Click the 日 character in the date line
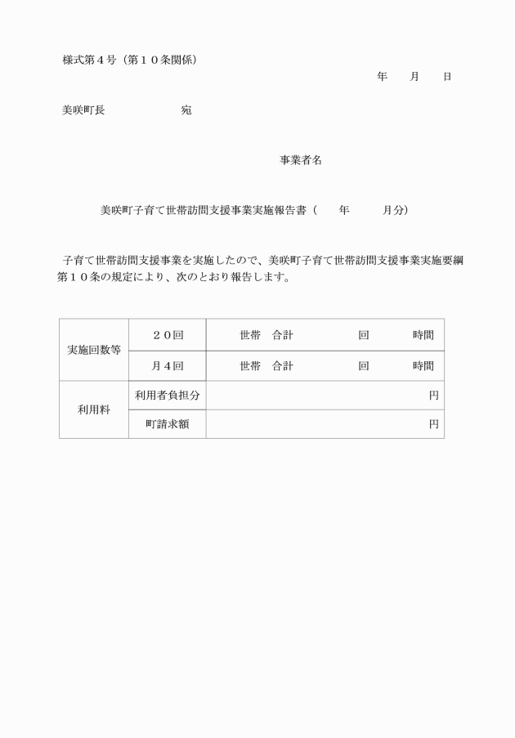point(447,77)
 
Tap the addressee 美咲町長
point(83,110)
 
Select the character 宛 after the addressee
point(186,110)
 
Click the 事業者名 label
point(301,160)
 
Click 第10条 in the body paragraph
point(79,277)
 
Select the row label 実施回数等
point(94,350)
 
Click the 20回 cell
point(168,335)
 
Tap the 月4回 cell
point(168,366)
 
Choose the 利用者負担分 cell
point(168,396)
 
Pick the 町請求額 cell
point(168,424)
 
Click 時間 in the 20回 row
point(423,335)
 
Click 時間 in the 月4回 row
point(423,366)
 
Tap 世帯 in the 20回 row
point(250,335)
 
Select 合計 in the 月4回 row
point(283,366)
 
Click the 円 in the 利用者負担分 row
point(433,396)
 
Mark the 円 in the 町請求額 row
point(433,424)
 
